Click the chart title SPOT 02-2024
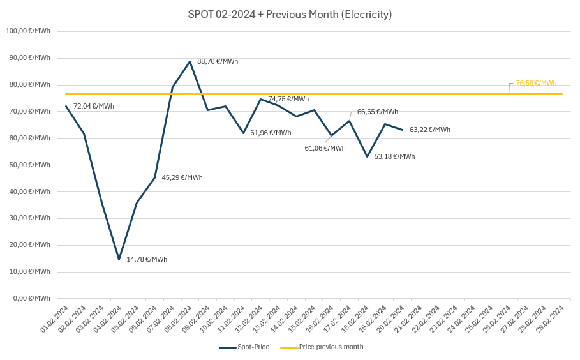[290, 14]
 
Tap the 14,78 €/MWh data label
[147, 259]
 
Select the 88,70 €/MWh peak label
[218, 61]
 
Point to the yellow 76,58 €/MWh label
[536, 83]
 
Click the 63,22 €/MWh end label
[429, 130]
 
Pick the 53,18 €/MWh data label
[394, 156]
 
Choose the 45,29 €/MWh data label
[182, 177]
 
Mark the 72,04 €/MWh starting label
[94, 106]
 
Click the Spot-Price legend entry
[244, 347]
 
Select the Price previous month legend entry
[322, 347]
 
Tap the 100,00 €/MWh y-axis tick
[27, 31]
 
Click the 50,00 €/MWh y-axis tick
[27, 165]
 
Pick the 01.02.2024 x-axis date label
[56, 319]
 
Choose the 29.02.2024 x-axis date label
[551, 319]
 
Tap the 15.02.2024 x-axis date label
[303, 319]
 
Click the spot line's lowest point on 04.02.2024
[119, 259]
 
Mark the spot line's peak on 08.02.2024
[190, 62]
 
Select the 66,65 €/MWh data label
[378, 112]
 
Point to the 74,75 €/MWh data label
[288, 99]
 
